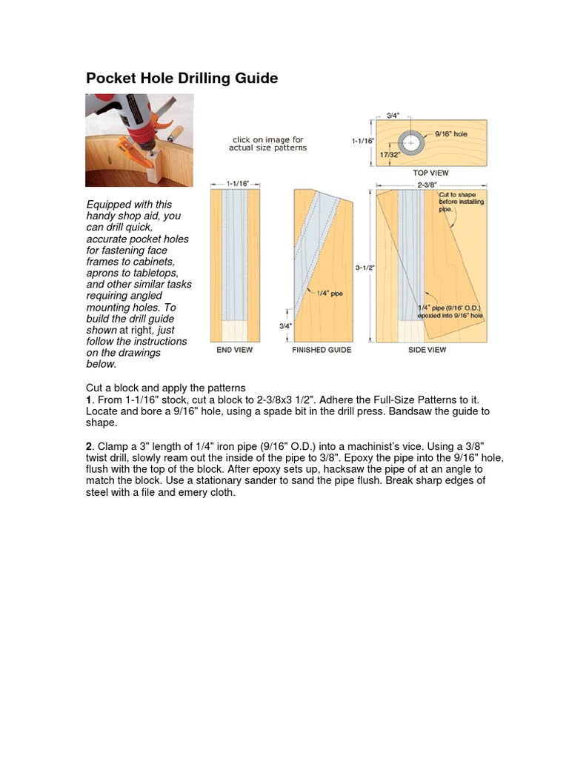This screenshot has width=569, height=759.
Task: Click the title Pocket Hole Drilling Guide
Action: pos(182,79)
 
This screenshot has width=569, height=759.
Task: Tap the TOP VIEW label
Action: pos(430,173)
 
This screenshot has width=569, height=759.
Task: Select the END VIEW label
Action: pos(235,349)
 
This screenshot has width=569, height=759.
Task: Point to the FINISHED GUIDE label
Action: pos(322,349)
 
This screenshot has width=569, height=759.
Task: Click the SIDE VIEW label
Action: pos(427,349)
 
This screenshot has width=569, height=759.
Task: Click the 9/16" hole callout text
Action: pos(451,134)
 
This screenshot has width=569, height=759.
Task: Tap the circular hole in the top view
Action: pos(410,142)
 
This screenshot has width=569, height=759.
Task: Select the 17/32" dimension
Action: pos(390,154)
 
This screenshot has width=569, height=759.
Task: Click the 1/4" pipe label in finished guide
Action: pos(330,294)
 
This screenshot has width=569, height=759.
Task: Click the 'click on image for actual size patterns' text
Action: pos(267,144)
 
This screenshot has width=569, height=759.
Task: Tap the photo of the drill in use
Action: pos(139,140)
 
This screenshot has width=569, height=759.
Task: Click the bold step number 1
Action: pos(89,400)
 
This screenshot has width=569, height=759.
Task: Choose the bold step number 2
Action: pos(89,445)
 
